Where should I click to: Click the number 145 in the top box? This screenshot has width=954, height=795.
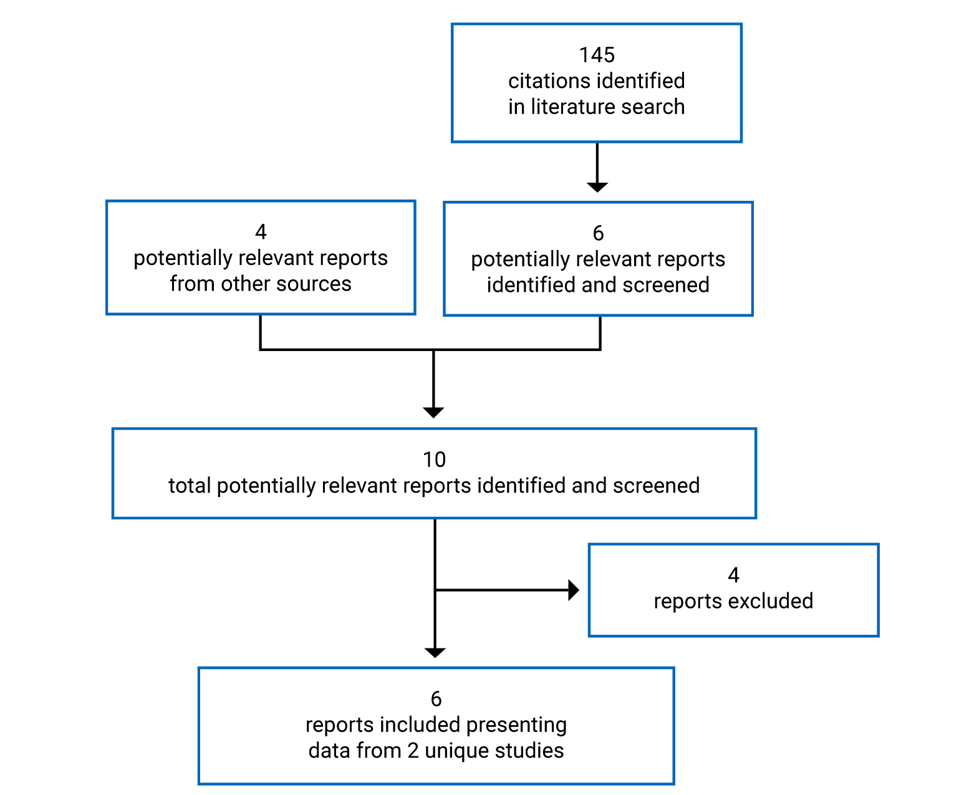tap(597, 55)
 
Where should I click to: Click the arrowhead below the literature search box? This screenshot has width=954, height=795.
tap(597, 187)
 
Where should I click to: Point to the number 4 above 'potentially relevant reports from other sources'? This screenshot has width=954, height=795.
tap(261, 232)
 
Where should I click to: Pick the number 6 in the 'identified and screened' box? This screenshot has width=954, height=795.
tap(598, 233)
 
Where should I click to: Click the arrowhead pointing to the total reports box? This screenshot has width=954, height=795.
tap(433, 412)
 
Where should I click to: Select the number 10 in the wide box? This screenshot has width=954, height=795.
tap(434, 460)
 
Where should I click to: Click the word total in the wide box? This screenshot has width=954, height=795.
tap(190, 486)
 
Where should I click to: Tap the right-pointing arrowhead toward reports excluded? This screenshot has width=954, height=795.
tap(574, 590)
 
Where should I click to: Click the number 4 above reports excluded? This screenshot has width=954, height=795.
tap(733, 575)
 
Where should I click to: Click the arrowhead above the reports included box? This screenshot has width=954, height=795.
tap(435, 652)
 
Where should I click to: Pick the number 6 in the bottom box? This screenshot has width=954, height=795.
tap(436, 699)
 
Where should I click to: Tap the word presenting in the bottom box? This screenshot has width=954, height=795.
tap(516, 725)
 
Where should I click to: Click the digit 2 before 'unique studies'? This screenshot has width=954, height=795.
tap(413, 751)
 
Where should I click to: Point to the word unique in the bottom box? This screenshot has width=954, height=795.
tap(455, 751)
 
